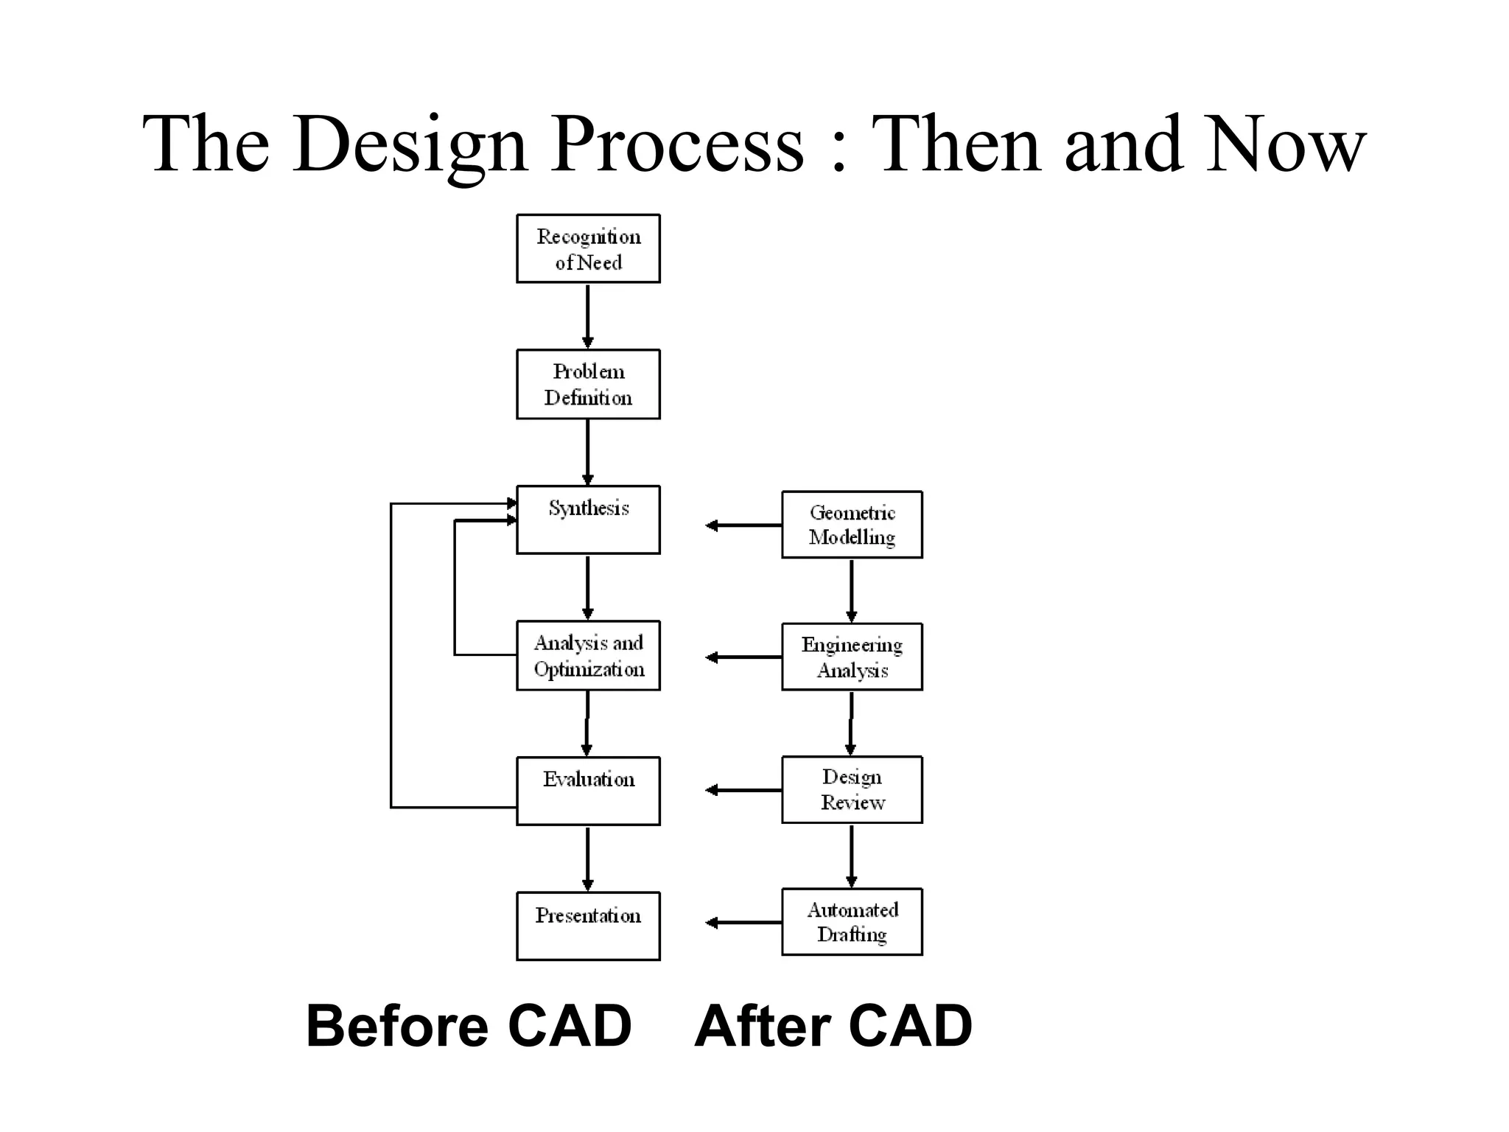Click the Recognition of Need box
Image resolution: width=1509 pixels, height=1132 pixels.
coord(588,249)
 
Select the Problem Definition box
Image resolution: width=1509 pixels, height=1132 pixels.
coord(588,384)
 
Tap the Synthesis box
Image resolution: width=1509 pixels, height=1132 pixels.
coord(588,520)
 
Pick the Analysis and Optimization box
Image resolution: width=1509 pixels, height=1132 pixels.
coord(588,655)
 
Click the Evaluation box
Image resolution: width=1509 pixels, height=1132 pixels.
coord(588,791)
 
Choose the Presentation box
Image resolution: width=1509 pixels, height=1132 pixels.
coord(588,926)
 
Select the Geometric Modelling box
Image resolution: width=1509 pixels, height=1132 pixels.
coord(852,525)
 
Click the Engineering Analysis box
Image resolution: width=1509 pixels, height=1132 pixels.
coord(852,657)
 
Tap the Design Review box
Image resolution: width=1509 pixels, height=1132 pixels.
coord(852,789)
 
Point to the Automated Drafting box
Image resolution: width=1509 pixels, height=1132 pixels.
coord(852,921)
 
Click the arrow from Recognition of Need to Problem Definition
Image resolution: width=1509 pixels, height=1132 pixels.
coord(587,315)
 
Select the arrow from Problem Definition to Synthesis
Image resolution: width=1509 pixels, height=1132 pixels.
coord(587,452)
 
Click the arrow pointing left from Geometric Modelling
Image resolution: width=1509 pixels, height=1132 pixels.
coord(743,525)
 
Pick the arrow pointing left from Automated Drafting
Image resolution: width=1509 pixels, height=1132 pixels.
coord(743,923)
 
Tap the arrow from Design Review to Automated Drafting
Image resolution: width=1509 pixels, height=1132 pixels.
coord(851,855)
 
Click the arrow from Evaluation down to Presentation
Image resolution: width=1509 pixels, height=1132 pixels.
coord(587,859)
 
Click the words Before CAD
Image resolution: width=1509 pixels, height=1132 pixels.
coord(469,1026)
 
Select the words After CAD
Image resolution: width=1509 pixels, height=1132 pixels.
coord(833,1026)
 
